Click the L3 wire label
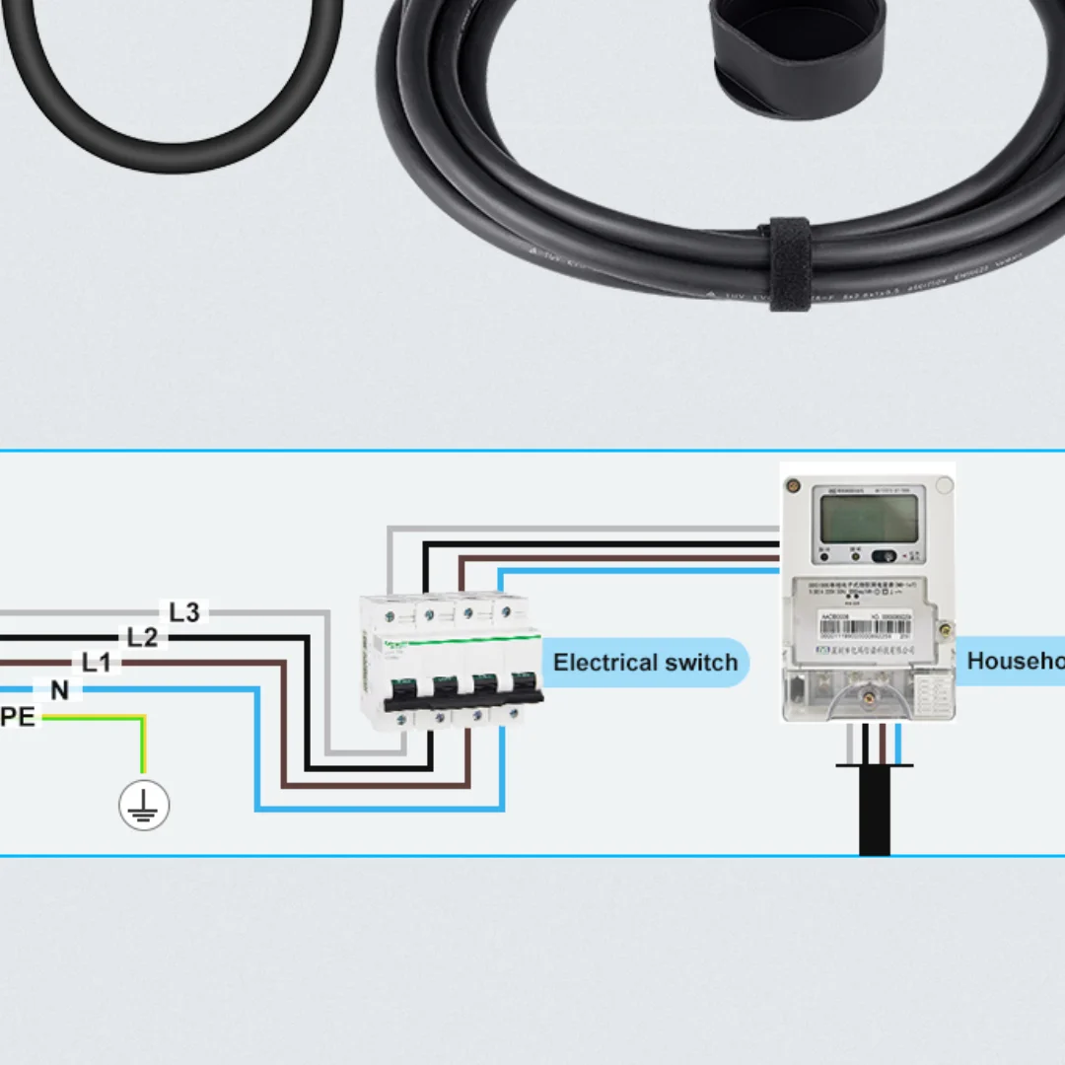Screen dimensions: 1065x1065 pyautogui.click(x=184, y=612)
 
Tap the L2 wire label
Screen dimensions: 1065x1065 pyautogui.click(x=142, y=638)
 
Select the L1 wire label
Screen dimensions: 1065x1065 pyautogui.click(x=97, y=663)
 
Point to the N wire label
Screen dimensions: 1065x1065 pyautogui.click(x=59, y=690)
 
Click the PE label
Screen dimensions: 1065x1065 pyautogui.click(x=18, y=717)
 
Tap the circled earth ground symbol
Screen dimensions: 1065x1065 pyautogui.click(x=144, y=805)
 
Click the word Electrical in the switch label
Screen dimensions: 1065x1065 pyautogui.click(x=604, y=662)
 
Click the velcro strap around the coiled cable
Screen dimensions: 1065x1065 pyautogui.click(x=789, y=263)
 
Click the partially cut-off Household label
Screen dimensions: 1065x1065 pyautogui.click(x=1016, y=661)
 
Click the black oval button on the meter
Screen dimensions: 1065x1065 pyautogui.click(x=887, y=556)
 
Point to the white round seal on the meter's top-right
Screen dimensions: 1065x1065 pyautogui.click(x=944, y=485)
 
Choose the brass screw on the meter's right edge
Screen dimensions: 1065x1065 pyautogui.click(x=945, y=627)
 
